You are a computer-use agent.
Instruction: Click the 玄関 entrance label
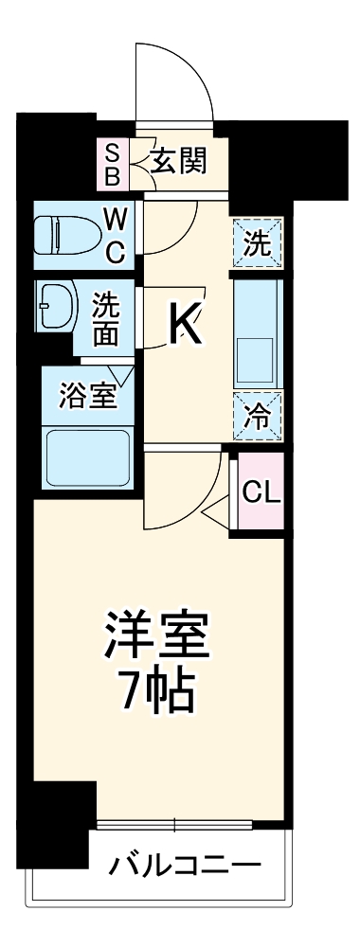click(178, 163)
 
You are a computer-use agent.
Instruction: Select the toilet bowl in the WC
click(63, 231)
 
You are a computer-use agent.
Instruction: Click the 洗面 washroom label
click(105, 319)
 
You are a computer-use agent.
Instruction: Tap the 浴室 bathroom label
click(87, 396)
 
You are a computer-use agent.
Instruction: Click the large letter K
click(185, 327)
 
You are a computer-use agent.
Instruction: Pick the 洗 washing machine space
click(258, 243)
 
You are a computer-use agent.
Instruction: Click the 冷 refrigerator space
click(258, 415)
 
